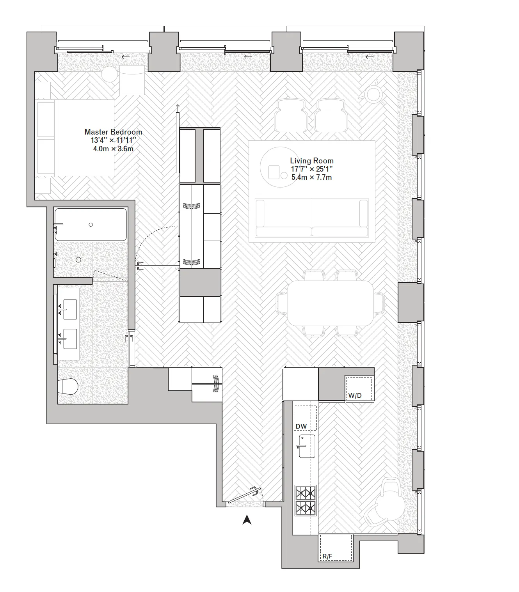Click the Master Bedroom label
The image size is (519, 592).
[113, 132]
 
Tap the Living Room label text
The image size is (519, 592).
[311, 161]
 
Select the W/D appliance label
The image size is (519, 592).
[355, 395]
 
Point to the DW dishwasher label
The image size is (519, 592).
[301, 426]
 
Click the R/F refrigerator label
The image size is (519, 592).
[327, 557]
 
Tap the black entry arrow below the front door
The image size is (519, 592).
[247, 519]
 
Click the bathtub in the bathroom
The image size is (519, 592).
[91, 225]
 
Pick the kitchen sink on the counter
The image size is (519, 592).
[307, 446]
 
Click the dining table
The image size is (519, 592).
[330, 303]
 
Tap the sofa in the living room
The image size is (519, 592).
[311, 218]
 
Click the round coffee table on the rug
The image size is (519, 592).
[279, 167]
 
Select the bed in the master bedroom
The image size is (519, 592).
[75, 137]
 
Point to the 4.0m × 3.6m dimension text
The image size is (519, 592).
[113, 149]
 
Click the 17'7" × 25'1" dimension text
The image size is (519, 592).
[311, 169]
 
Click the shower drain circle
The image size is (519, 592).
[78, 260]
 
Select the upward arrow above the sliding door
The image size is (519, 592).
[178, 108]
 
